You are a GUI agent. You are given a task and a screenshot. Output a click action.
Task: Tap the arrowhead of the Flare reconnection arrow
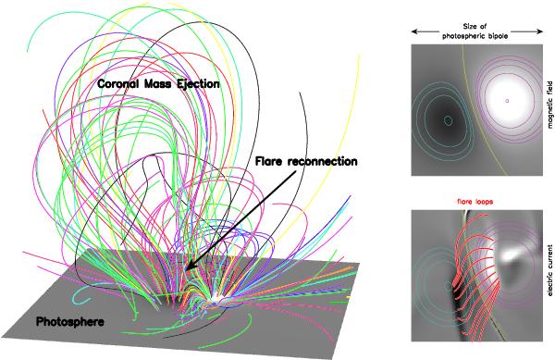tap(187, 268)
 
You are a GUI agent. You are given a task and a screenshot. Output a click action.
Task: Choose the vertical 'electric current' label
tap(548, 279)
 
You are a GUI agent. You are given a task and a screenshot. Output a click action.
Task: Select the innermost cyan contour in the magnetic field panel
tap(449, 119)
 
